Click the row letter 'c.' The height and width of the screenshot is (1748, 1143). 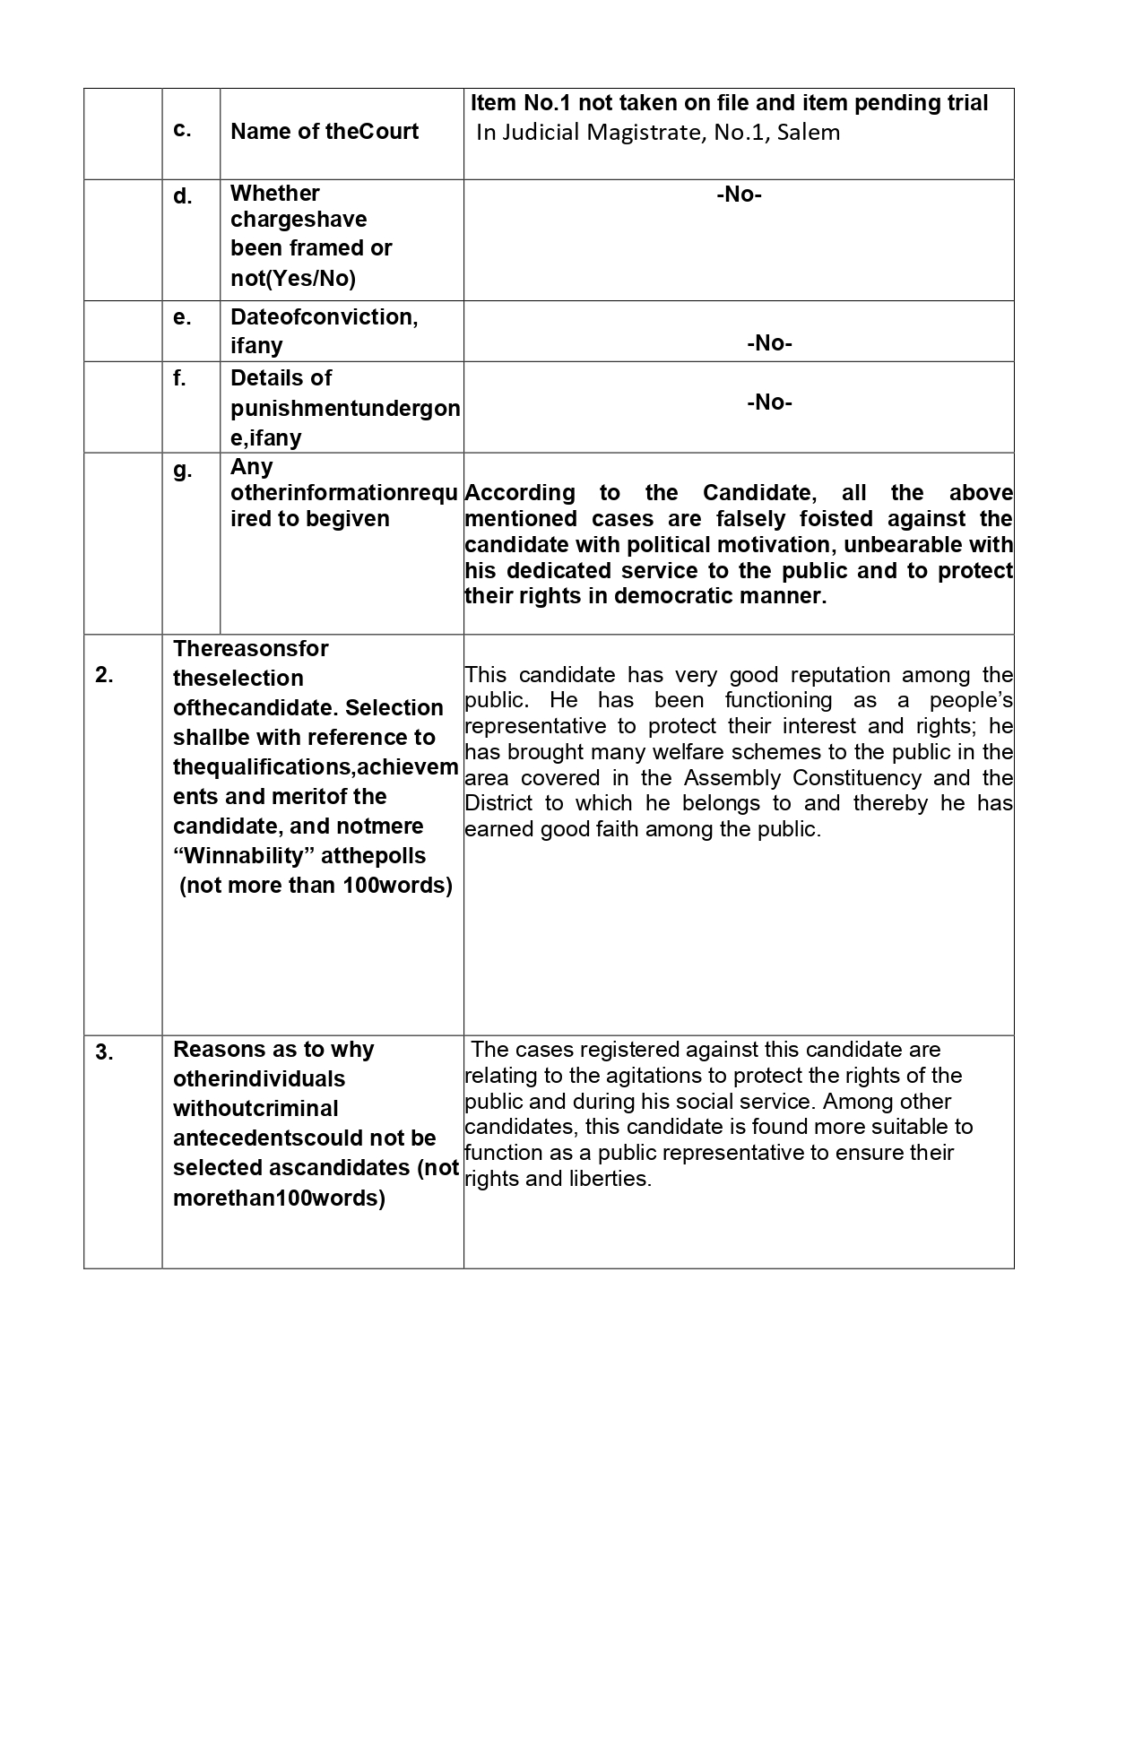click(x=182, y=130)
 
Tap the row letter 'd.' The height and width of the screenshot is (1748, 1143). click(x=183, y=196)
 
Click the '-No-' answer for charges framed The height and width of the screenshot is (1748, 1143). click(x=739, y=195)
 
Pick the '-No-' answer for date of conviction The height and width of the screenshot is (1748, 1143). click(x=769, y=342)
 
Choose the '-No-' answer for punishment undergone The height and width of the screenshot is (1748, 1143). click(x=769, y=402)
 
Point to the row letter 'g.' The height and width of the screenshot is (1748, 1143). click(x=183, y=470)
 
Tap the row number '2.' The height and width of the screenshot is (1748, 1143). click(x=105, y=676)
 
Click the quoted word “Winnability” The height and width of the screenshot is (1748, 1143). click(x=243, y=856)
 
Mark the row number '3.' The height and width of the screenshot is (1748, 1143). click(x=105, y=1052)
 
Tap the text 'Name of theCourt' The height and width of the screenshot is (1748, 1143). click(x=325, y=132)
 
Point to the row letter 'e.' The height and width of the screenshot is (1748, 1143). click(x=182, y=317)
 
